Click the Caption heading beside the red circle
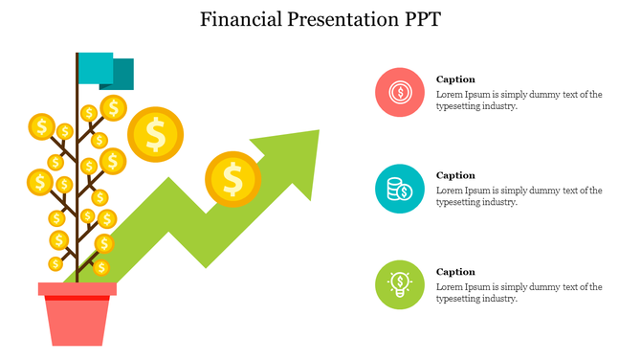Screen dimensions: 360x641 click(x=455, y=79)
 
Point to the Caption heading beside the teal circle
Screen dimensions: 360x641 click(x=455, y=175)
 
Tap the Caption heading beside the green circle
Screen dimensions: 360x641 click(x=455, y=272)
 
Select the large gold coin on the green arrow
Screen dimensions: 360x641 click(x=232, y=178)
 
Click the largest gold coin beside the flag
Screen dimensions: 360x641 click(x=155, y=134)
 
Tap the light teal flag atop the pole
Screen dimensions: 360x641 click(x=95, y=68)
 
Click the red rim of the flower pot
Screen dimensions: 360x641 click(x=77, y=289)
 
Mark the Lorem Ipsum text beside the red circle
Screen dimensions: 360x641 click(x=519, y=101)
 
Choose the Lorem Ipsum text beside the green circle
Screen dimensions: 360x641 click(x=519, y=293)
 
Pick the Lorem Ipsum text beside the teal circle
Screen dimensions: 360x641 click(x=519, y=196)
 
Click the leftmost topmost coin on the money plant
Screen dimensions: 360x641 click(x=41, y=125)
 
